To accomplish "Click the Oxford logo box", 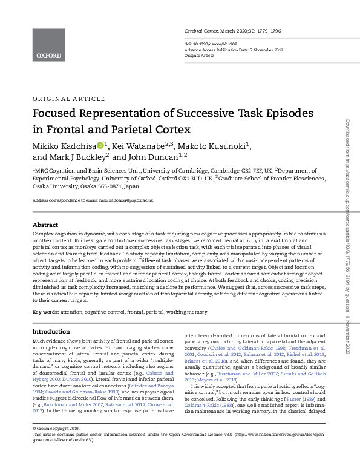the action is point(49,44).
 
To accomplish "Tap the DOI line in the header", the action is point(211,44).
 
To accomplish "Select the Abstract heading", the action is point(45,225).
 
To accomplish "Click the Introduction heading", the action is point(51,332).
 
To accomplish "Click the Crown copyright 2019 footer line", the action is point(58,445).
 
